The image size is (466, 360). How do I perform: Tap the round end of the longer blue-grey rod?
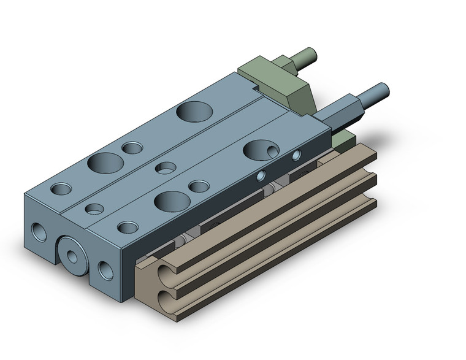[383, 90]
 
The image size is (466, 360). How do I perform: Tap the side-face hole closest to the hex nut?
[297, 155]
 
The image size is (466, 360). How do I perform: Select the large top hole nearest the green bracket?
[194, 111]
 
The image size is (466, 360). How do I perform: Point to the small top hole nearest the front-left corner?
[60, 189]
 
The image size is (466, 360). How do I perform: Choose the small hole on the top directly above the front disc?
[94, 209]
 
